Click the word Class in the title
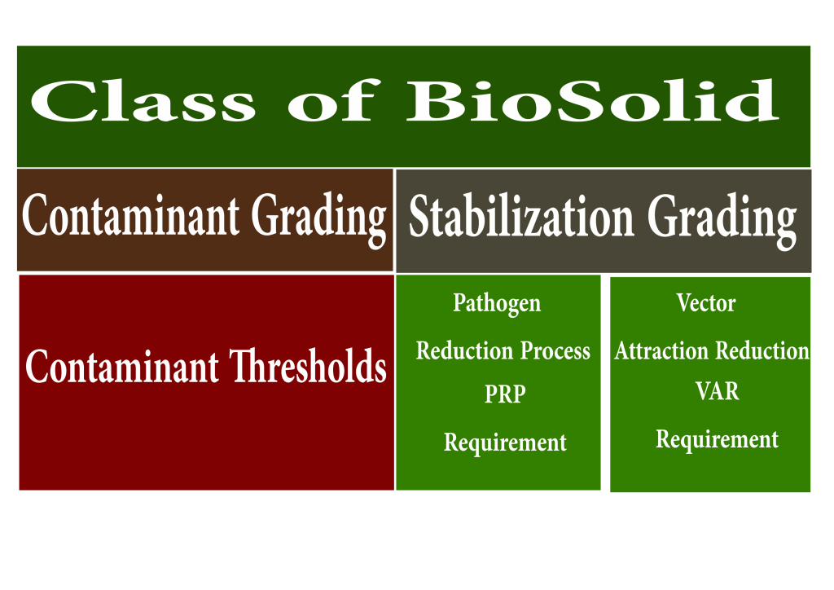[143, 100]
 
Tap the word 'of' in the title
[334, 100]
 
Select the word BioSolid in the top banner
[593, 100]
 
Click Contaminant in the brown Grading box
[131, 215]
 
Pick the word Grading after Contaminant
[319, 219]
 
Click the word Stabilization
[521, 216]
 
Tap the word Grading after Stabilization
[722, 220]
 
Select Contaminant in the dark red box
[122, 366]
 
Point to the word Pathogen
[497, 304]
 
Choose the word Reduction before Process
[464, 350]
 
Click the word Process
[555, 350]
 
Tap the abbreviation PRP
[505, 394]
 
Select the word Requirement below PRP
[505, 442]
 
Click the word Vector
[706, 302]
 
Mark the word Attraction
[661, 350]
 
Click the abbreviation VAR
[717, 391]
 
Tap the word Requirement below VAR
[717, 439]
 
